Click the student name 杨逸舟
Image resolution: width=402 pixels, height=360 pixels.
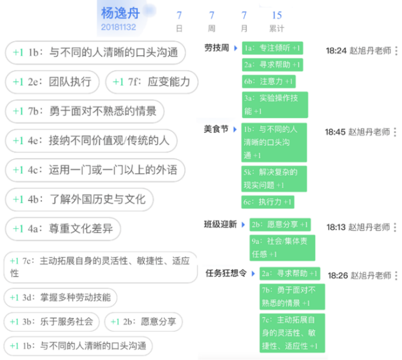[x=121, y=13]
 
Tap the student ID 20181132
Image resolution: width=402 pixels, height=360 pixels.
[x=119, y=27]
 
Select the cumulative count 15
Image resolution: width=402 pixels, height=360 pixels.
[x=277, y=15]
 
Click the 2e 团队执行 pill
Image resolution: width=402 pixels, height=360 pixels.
[x=52, y=82]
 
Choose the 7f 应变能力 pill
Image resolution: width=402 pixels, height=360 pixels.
[x=152, y=82]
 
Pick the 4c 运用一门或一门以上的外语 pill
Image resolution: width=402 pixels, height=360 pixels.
[x=95, y=170]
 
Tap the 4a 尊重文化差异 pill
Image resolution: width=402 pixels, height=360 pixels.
[x=63, y=229]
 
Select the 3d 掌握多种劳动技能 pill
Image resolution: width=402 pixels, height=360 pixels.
[x=60, y=298]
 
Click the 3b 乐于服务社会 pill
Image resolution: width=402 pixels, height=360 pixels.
[x=52, y=322]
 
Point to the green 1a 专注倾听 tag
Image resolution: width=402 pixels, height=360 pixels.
[x=272, y=48]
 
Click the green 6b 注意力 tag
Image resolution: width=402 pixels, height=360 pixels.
[x=269, y=82]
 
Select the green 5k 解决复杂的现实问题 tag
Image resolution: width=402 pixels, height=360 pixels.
[x=274, y=179]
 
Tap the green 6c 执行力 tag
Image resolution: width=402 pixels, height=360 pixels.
[x=268, y=202]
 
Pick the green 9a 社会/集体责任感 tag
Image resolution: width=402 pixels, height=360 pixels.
[x=282, y=248]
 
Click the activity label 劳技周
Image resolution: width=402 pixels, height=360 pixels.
[x=217, y=48]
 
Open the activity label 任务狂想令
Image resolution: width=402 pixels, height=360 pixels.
[x=226, y=273]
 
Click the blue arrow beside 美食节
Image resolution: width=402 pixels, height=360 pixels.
[x=235, y=129]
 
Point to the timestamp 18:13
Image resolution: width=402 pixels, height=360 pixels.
[x=336, y=227]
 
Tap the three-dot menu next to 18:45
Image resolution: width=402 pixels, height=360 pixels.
[x=395, y=132]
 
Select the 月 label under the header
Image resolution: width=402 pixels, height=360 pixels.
[x=244, y=28]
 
